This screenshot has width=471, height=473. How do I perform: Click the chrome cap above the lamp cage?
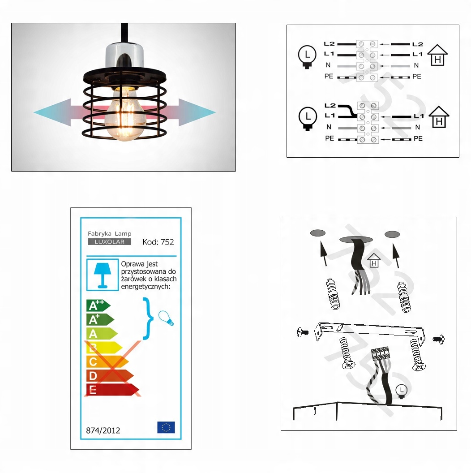(x=124, y=56)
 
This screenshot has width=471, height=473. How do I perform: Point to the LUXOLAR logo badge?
(x=110, y=241)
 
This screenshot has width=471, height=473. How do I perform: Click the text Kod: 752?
(x=158, y=242)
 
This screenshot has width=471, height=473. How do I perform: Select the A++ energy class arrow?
(x=98, y=305)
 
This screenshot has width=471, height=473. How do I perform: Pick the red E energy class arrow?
(x=112, y=389)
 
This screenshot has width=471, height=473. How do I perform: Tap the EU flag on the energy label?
(x=166, y=427)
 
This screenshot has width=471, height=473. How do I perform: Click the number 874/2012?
(x=103, y=430)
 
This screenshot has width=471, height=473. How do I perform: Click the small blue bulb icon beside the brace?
(x=167, y=318)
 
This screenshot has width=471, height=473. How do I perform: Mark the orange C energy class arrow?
(x=107, y=361)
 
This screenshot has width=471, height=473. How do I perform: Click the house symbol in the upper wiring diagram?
(x=437, y=55)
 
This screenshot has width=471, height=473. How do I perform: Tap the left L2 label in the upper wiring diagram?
(x=329, y=44)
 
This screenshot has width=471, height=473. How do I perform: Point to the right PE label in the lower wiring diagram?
(x=418, y=138)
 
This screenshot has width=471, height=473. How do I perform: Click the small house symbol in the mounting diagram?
(x=374, y=260)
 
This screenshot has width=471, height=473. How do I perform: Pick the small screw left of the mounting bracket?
(x=303, y=332)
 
